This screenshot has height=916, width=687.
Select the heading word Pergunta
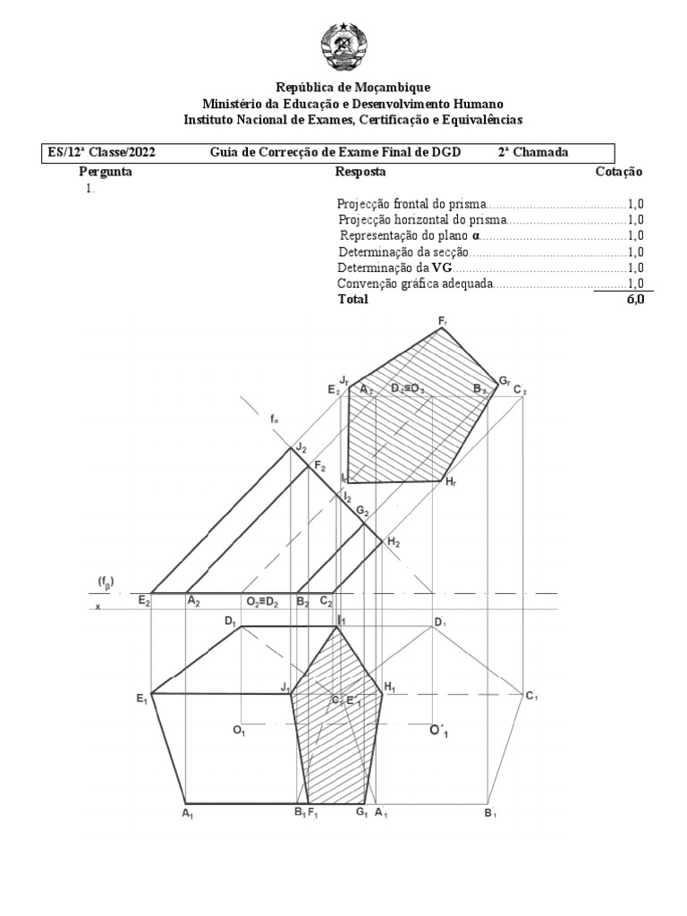click(x=106, y=171)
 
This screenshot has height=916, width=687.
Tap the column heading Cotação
click(x=618, y=171)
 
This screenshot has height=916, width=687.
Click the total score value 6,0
click(x=634, y=300)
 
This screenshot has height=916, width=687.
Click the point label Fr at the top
click(x=444, y=320)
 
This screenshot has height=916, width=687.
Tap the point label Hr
click(x=452, y=482)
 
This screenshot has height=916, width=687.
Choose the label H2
click(x=393, y=542)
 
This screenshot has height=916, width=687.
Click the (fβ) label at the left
click(x=106, y=580)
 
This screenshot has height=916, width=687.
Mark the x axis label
click(x=98, y=606)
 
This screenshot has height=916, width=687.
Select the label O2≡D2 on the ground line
click(x=263, y=602)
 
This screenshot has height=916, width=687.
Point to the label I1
click(x=341, y=619)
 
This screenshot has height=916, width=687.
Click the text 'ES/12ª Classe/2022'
click(x=102, y=152)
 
